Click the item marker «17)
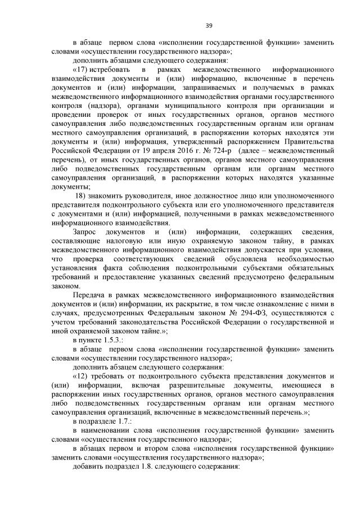click(82, 69)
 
